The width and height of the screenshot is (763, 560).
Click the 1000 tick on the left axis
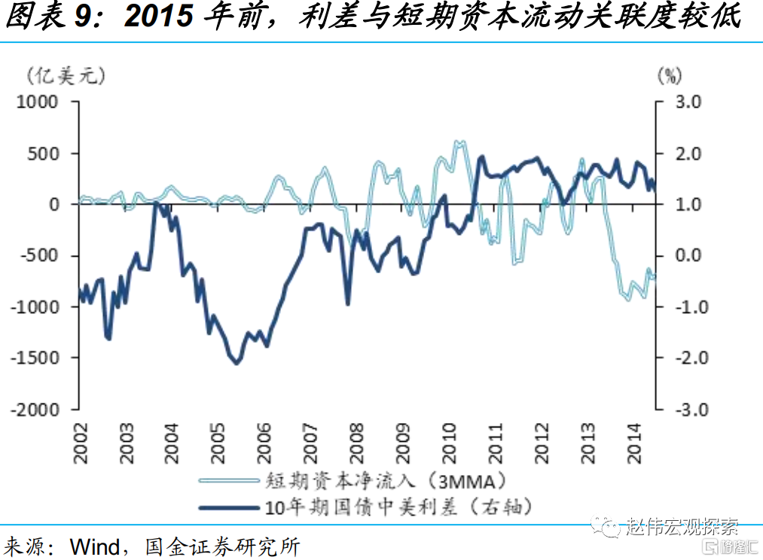tap(38, 102)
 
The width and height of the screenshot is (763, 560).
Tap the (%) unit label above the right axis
tap(669, 75)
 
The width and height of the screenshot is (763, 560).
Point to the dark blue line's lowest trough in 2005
tap(237, 363)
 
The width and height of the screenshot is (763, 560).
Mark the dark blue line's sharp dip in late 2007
tap(348, 303)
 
